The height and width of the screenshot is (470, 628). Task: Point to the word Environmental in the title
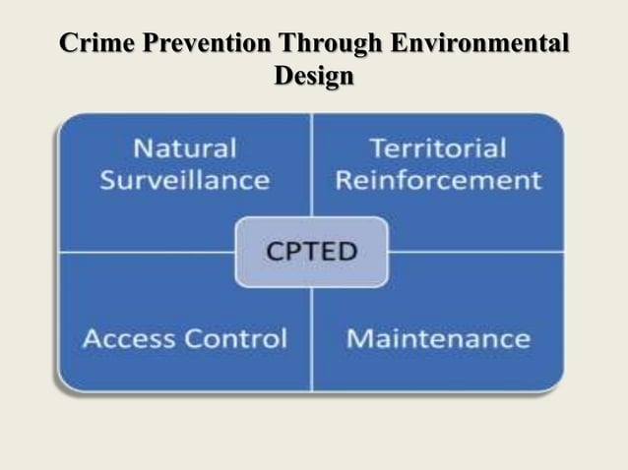tap(479, 44)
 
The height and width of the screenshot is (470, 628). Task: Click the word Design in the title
tap(313, 75)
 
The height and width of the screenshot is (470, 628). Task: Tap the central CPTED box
tap(311, 252)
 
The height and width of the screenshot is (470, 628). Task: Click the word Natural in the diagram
tap(185, 149)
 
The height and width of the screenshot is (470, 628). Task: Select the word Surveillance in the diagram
tap(185, 181)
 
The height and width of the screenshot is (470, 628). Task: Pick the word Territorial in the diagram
tap(438, 149)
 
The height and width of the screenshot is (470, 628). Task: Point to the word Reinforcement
tap(438, 181)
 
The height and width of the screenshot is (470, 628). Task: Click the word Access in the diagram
tap(123, 339)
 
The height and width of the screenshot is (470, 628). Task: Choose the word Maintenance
tap(438, 339)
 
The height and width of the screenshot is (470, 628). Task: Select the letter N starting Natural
tap(144, 149)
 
